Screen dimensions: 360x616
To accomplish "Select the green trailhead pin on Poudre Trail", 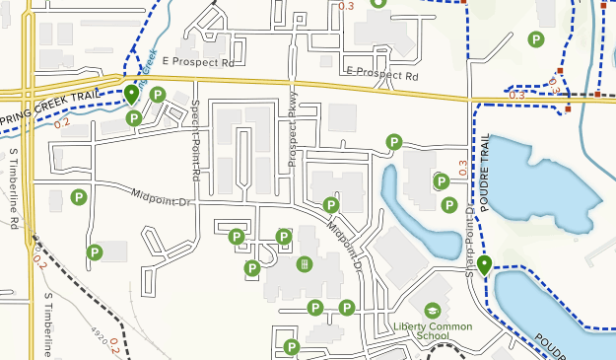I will [x=486, y=264].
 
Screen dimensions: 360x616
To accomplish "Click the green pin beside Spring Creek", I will [x=131, y=95].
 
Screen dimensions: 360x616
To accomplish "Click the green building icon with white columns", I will [x=305, y=263].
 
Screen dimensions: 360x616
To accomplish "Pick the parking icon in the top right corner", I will [x=535, y=39].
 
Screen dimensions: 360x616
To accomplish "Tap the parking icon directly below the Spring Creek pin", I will [x=134, y=118].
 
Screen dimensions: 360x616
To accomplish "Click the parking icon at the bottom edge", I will [x=292, y=346].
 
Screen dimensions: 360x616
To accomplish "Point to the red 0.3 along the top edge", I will [x=346, y=6].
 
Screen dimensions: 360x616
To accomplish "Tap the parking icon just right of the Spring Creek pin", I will [x=157, y=95].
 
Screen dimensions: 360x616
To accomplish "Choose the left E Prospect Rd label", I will [x=201, y=62].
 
